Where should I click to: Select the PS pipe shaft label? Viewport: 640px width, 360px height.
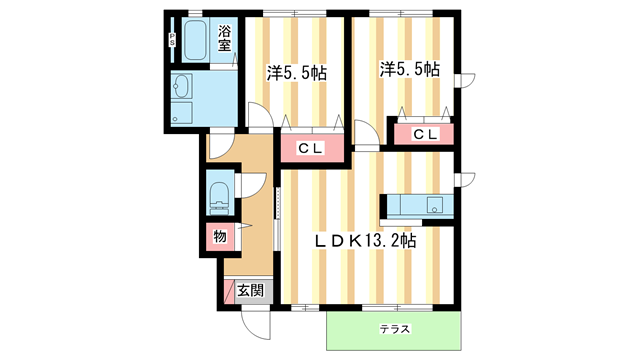[172, 41]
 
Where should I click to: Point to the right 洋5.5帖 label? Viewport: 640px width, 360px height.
[410, 69]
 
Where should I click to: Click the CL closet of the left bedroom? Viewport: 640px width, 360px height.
[310, 148]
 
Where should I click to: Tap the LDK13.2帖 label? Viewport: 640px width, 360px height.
[366, 241]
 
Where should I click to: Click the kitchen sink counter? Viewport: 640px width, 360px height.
[418, 205]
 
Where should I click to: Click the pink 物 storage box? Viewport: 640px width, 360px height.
[218, 237]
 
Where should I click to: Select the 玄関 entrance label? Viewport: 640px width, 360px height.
[250, 290]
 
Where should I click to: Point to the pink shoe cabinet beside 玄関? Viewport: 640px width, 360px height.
[229, 291]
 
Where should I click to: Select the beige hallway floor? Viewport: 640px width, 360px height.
[253, 230]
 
